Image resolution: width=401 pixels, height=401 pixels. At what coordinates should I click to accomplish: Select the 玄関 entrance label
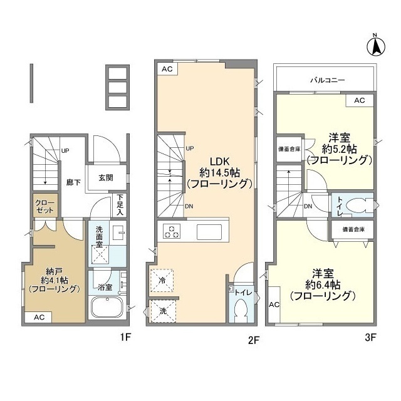pos(106,177)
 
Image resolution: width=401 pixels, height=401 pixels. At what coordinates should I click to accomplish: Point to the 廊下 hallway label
pos(74,183)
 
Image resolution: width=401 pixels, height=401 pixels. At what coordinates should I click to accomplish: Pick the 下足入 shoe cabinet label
pos(120,204)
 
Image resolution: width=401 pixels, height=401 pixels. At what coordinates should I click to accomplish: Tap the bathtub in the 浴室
pos(107,308)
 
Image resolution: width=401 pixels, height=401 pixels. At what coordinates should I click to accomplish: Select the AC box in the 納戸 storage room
pos(39,317)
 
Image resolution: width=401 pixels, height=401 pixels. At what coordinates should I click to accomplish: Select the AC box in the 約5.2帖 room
pos(359,100)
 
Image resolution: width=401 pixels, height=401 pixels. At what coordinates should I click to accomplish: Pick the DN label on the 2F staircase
pos(189,207)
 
